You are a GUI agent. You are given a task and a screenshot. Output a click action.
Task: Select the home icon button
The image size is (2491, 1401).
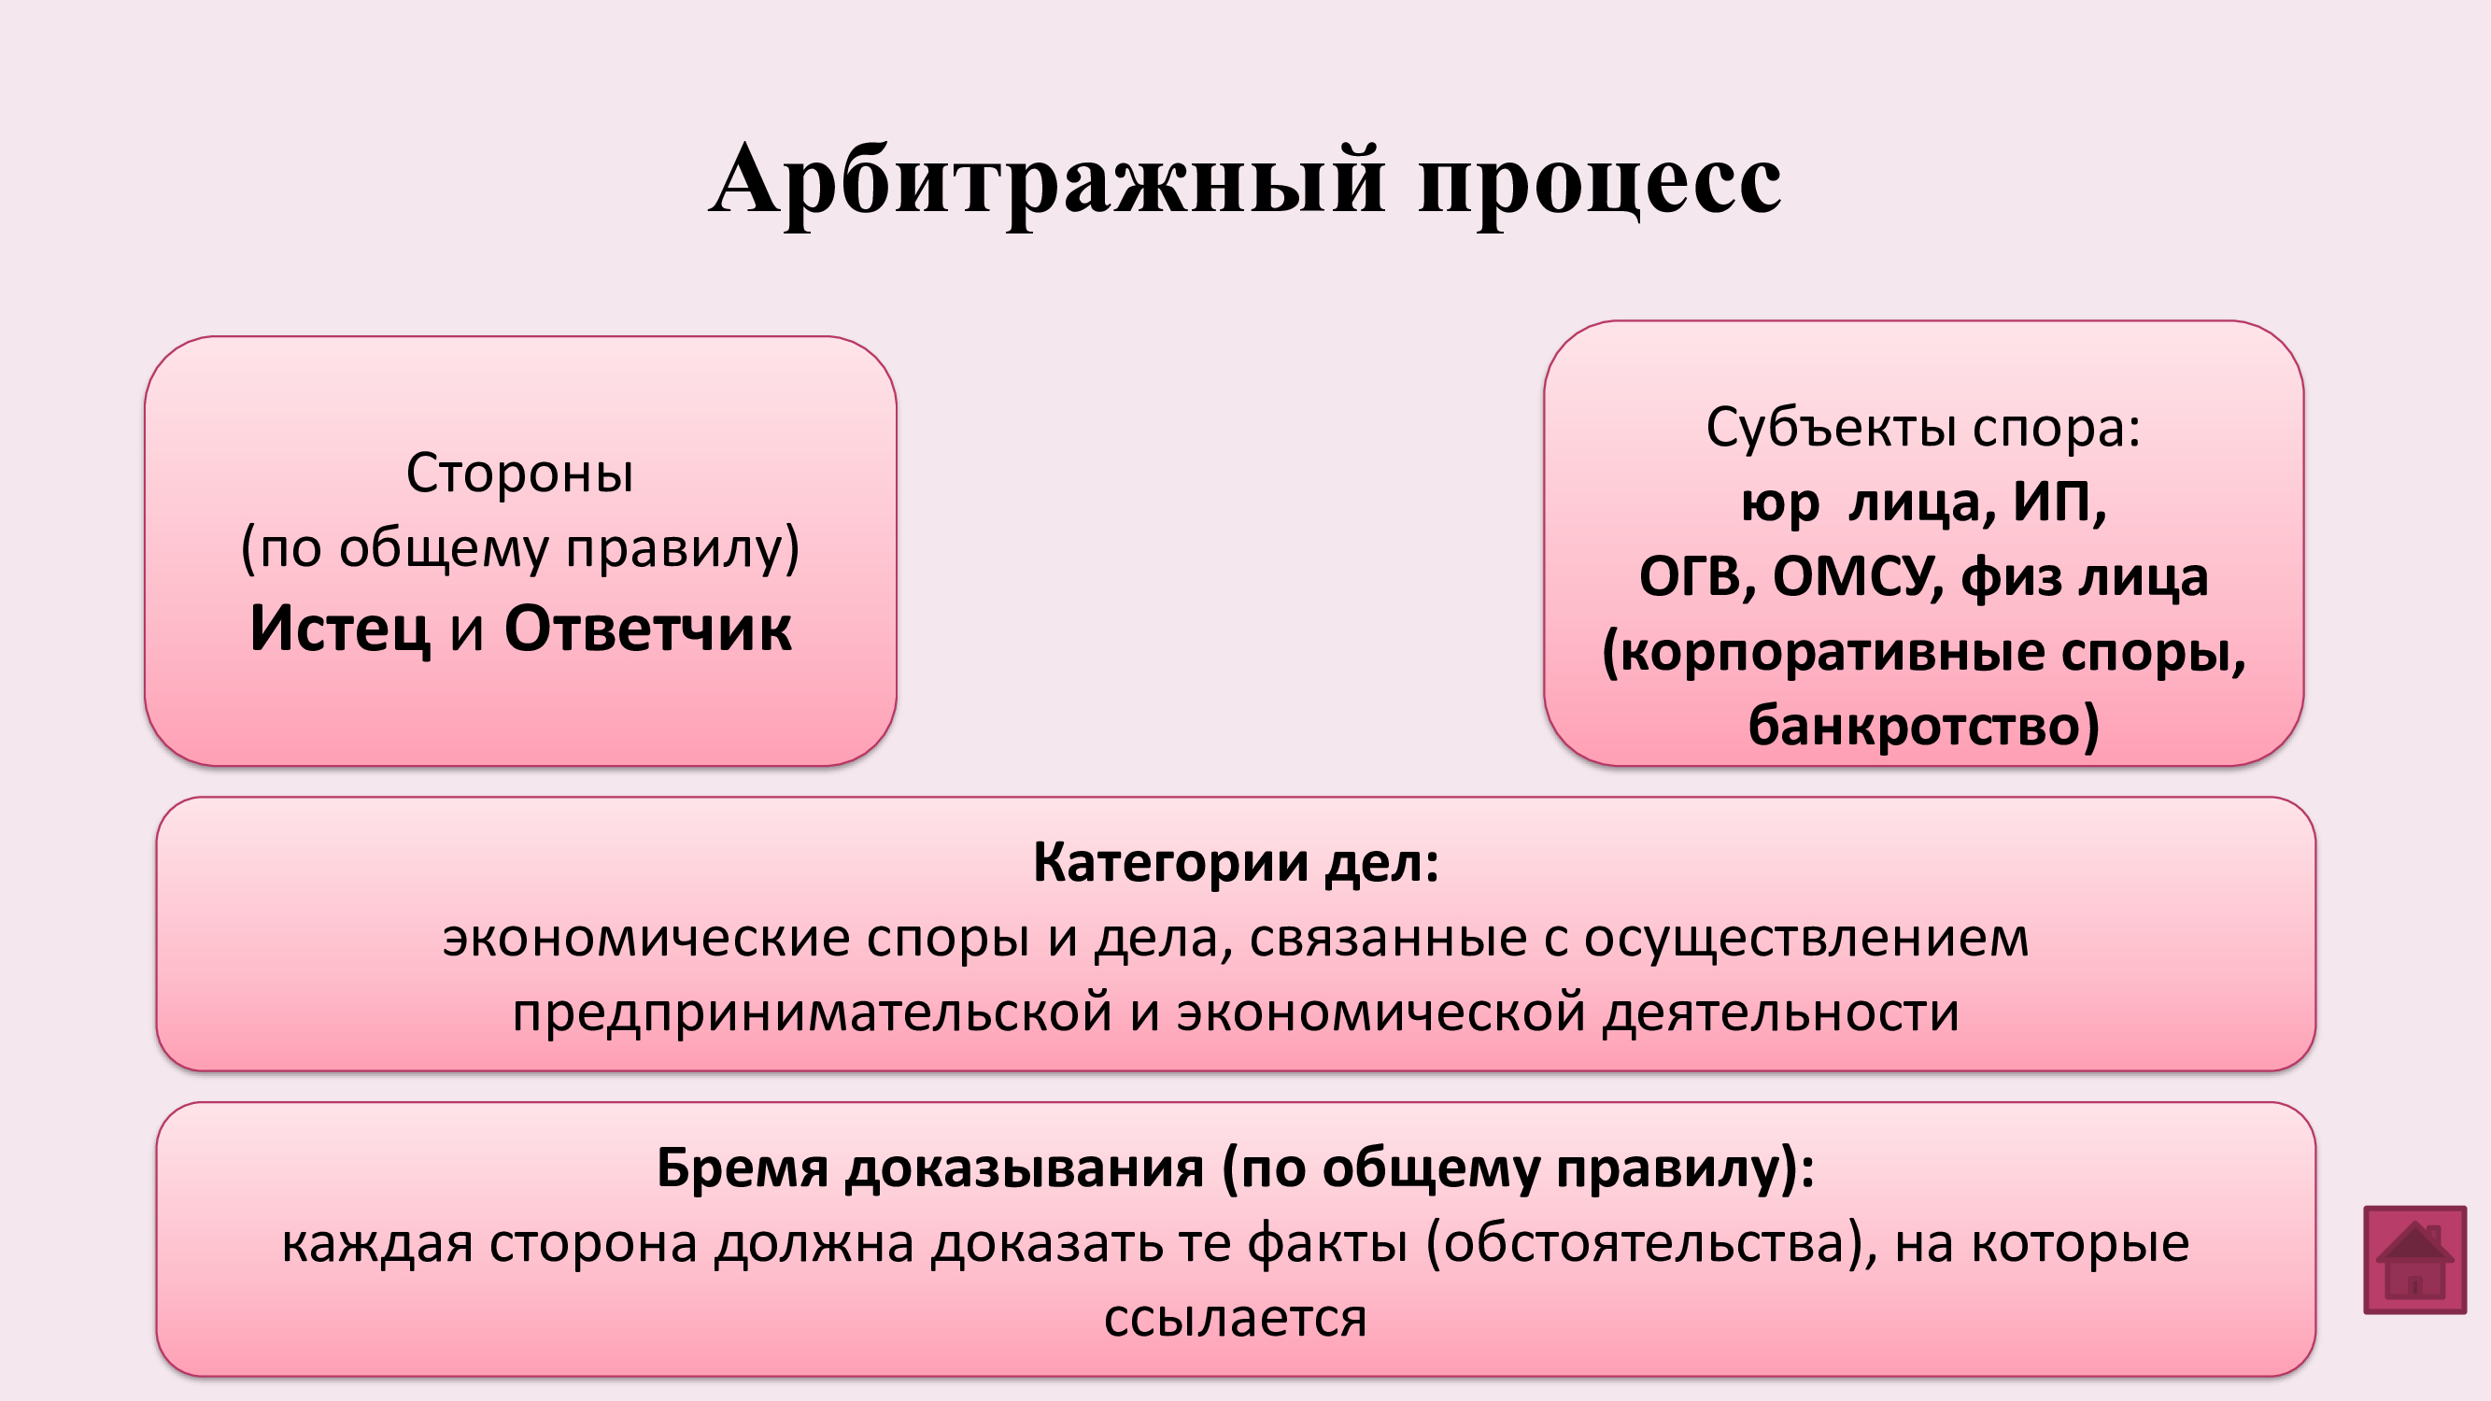tap(2414, 1260)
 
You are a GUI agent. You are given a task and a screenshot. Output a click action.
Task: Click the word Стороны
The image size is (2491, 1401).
tap(519, 473)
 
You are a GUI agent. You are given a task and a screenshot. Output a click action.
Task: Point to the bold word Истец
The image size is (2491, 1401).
tap(339, 630)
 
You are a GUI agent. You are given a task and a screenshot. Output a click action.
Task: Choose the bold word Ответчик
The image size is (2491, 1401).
tap(648, 629)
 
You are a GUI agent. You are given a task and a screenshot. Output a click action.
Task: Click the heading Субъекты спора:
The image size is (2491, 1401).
tap(1922, 429)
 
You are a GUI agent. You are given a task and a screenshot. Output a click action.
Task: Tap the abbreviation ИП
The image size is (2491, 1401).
tap(2059, 503)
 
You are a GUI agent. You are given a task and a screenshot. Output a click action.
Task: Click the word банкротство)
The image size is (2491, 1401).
tap(1923, 725)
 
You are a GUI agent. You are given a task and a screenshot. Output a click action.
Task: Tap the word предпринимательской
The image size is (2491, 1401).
tap(813, 1013)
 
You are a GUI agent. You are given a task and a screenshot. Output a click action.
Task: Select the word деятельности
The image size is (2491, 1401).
tap(1780, 1012)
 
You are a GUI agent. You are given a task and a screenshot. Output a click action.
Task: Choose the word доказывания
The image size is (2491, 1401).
tap(1024, 1169)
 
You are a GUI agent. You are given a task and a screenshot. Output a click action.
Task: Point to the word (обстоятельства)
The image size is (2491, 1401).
tap(1651, 1244)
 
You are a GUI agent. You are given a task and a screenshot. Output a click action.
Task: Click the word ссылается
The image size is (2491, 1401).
tap(1236, 1318)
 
